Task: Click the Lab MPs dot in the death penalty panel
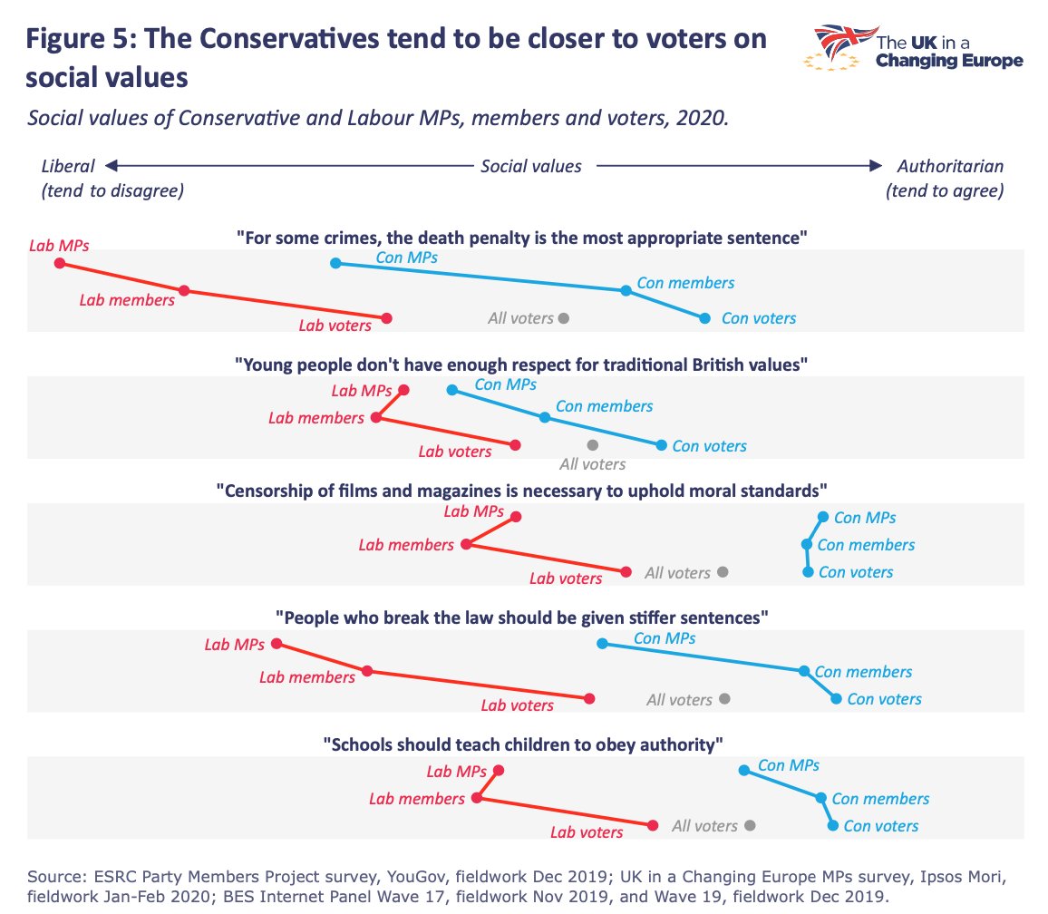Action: [x=60, y=263]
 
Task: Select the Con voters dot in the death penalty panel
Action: [x=704, y=318]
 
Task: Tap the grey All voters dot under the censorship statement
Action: [x=723, y=572]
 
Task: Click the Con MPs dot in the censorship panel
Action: [x=822, y=517]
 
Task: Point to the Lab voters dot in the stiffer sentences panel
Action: [x=590, y=699]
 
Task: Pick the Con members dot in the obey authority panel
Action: [x=820, y=799]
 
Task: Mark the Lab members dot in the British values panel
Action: [x=375, y=418]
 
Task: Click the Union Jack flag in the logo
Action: [x=841, y=42]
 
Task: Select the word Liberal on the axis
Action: [x=68, y=166]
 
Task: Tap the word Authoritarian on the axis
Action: [x=950, y=166]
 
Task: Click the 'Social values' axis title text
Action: [x=530, y=166]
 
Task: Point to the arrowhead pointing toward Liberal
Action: [x=110, y=166]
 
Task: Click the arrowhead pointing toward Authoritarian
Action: [x=875, y=166]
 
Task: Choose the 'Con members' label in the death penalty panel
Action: [x=685, y=283]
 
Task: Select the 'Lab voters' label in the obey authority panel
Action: [x=587, y=831]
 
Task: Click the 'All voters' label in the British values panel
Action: [x=592, y=464]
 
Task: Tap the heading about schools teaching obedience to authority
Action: [x=523, y=744]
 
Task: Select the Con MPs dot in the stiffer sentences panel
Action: [x=601, y=644]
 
